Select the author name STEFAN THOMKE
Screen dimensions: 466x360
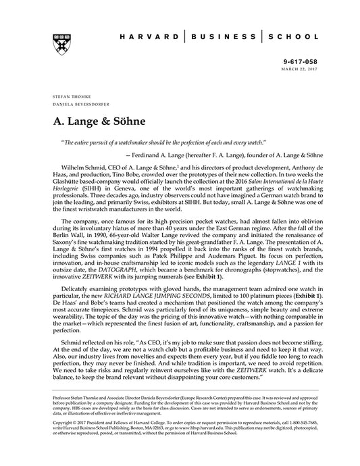tap(68, 97)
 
